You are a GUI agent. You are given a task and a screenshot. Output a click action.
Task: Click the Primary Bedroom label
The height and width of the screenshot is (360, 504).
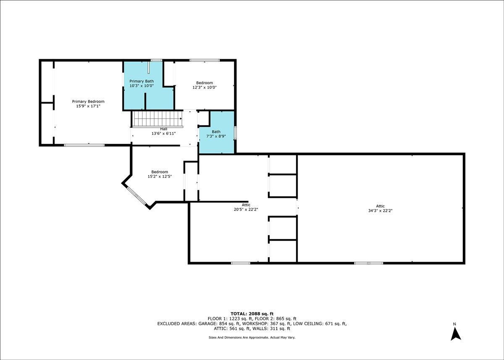88,102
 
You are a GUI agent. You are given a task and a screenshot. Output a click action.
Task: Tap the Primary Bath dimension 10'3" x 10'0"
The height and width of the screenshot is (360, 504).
142,86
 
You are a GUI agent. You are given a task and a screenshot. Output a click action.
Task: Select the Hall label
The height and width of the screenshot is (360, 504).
163,129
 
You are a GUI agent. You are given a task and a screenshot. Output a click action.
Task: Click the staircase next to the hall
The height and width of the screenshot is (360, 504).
157,119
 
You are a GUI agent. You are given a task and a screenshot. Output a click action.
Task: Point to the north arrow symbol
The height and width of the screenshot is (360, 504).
456,334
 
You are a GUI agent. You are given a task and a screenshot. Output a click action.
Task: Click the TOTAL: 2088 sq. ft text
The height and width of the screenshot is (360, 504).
252,314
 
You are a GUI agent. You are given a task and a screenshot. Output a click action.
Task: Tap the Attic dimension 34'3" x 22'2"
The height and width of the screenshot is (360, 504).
380,211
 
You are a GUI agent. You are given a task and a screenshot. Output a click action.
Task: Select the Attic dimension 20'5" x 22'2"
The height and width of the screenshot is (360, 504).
246,210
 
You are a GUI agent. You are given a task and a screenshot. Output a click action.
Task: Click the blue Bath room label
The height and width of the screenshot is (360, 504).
216,131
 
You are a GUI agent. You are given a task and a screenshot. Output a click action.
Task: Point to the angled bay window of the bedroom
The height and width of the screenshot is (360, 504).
136,196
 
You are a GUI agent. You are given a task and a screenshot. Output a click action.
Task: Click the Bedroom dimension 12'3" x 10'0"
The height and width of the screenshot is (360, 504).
205,87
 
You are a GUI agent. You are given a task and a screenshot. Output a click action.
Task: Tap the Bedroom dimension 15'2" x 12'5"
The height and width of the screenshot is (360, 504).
160,176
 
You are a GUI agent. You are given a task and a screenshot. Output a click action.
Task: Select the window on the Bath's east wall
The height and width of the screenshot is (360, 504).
235,133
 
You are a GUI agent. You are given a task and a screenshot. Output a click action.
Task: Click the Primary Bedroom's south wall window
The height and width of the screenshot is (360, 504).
84,145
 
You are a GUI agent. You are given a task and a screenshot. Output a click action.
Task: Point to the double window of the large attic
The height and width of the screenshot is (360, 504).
369,263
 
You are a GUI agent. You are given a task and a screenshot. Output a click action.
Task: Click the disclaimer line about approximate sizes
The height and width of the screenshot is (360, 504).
252,337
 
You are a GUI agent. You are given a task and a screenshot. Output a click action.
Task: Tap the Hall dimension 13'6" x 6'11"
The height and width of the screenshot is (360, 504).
163,134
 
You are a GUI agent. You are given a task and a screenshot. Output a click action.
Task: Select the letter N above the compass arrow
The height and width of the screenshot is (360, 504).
454,324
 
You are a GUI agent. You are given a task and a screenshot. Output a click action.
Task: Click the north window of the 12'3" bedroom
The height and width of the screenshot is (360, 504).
205,60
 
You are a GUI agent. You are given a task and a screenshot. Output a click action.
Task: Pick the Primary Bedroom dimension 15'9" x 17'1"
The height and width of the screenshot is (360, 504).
88,106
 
